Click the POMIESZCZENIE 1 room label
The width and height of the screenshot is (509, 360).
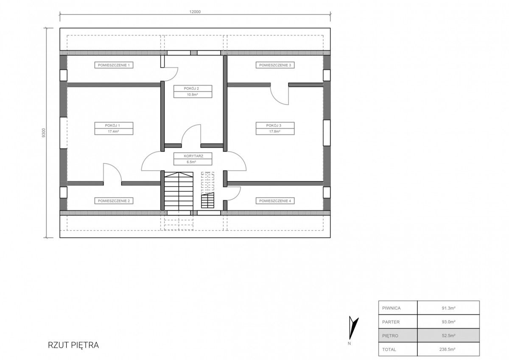click(114, 65)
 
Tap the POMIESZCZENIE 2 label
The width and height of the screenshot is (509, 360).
click(114, 201)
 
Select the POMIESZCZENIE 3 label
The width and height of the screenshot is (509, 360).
click(275, 65)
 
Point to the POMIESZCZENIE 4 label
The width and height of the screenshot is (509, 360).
click(275, 201)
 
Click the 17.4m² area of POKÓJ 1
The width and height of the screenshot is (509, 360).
click(113, 131)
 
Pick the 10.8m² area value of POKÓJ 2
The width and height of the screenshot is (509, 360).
click(193, 95)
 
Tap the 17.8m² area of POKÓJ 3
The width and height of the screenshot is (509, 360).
click(275, 131)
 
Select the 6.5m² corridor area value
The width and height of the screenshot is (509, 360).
click(191, 162)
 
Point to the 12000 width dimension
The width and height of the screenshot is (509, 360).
click(195, 12)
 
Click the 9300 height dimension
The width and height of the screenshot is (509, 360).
click(44, 133)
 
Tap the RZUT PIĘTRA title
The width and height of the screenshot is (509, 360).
click(73, 345)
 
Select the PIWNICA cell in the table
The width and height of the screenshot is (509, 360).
click(391, 308)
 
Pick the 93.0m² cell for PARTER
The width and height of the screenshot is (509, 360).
click(448, 322)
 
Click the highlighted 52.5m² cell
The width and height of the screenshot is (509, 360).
click(448, 335)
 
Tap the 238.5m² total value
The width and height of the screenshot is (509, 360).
click(447, 349)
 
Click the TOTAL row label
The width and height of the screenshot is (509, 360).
click(389, 349)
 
